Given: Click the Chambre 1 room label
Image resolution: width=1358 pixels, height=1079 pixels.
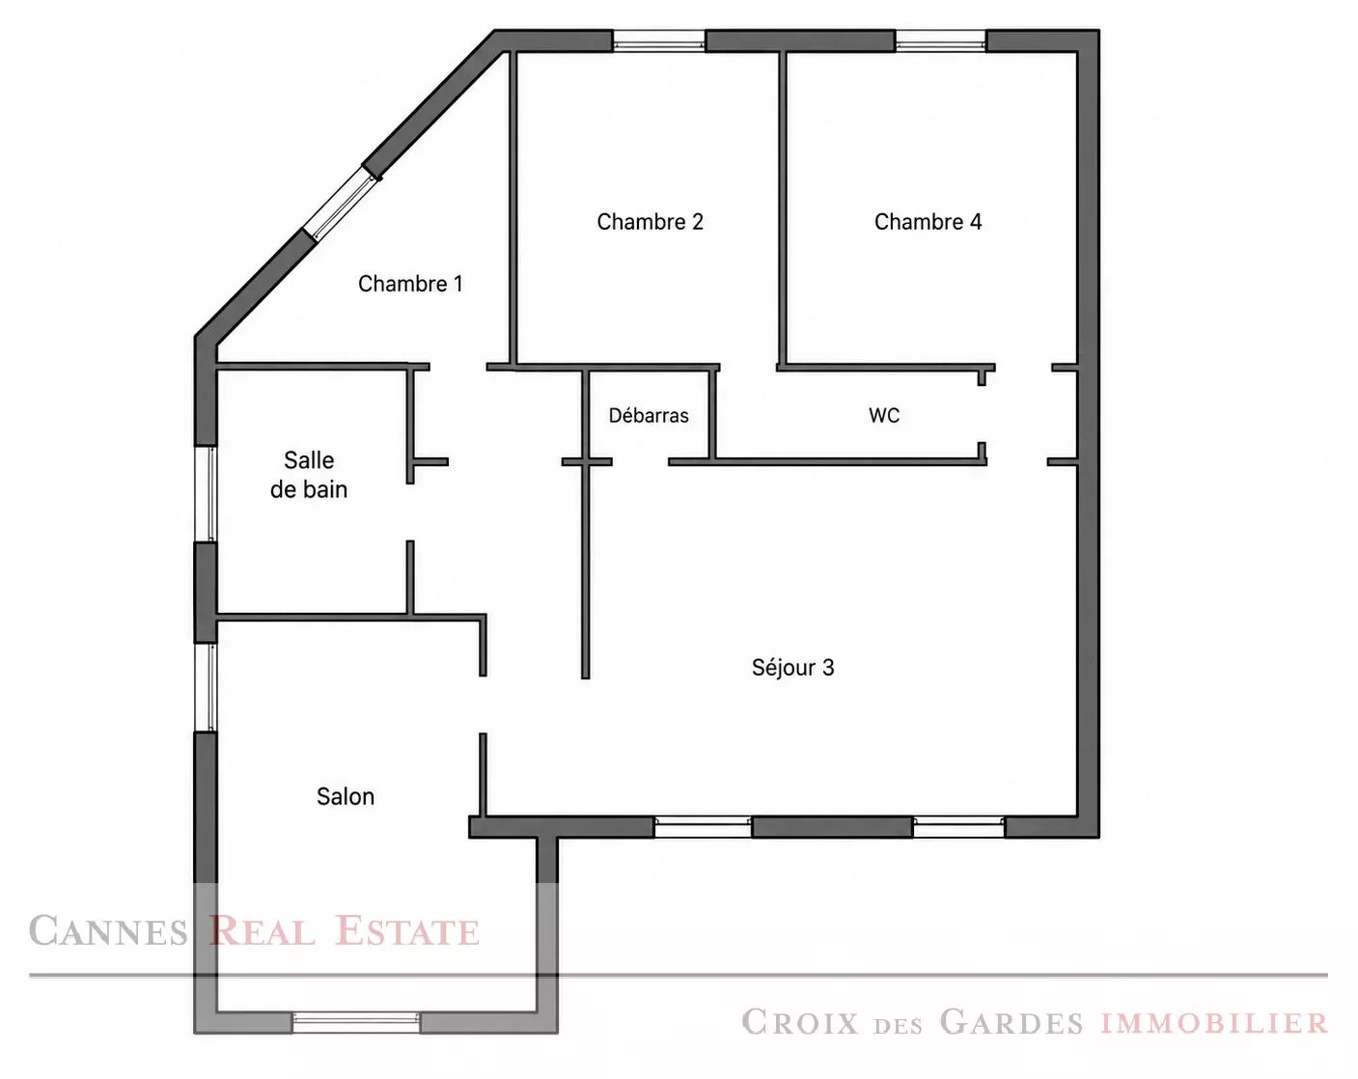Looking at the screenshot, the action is coord(410,284).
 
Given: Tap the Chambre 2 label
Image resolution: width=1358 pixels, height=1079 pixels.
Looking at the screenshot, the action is coord(650,221).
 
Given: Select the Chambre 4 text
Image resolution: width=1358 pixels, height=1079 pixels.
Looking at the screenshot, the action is coord(928,221).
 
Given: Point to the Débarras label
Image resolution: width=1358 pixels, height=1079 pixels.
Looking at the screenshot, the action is coord(648,415).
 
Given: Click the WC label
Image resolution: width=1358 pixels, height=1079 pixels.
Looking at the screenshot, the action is coord(883,415).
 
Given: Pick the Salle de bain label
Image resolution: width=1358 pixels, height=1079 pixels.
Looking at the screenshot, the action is coord(309,475).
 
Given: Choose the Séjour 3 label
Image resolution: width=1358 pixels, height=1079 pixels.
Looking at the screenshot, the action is coord(792,667).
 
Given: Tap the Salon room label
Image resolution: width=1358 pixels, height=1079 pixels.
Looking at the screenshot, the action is coord(346,796).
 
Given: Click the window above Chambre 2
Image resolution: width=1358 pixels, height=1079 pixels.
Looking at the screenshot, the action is coord(659,41).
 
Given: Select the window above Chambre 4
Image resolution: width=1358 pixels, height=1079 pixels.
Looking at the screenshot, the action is coord(940,41).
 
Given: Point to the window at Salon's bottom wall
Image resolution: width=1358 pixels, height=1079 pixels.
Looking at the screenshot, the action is coord(356,1022).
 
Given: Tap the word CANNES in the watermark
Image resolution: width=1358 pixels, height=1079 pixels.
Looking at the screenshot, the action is coord(108,931).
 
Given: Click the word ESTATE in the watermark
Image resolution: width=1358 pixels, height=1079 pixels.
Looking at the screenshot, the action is coord(407,931).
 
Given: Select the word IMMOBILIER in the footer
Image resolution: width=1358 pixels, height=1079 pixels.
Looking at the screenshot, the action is coord(1214,1023).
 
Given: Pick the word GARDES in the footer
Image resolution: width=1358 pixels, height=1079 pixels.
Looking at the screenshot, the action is coord(1011,1022).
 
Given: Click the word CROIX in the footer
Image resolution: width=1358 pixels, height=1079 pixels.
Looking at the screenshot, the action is coord(800,1022).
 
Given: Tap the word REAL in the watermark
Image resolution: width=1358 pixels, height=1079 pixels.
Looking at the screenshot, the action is coord(262,931).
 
